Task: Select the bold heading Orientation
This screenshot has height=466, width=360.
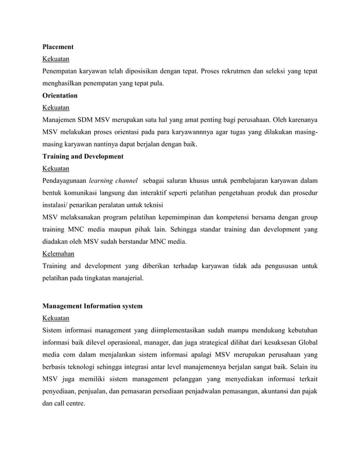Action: click(x=60, y=95)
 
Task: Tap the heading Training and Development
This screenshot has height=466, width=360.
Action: click(x=83, y=156)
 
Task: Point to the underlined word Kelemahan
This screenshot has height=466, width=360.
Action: click(x=59, y=254)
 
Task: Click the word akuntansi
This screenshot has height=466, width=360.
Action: click(x=269, y=392)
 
